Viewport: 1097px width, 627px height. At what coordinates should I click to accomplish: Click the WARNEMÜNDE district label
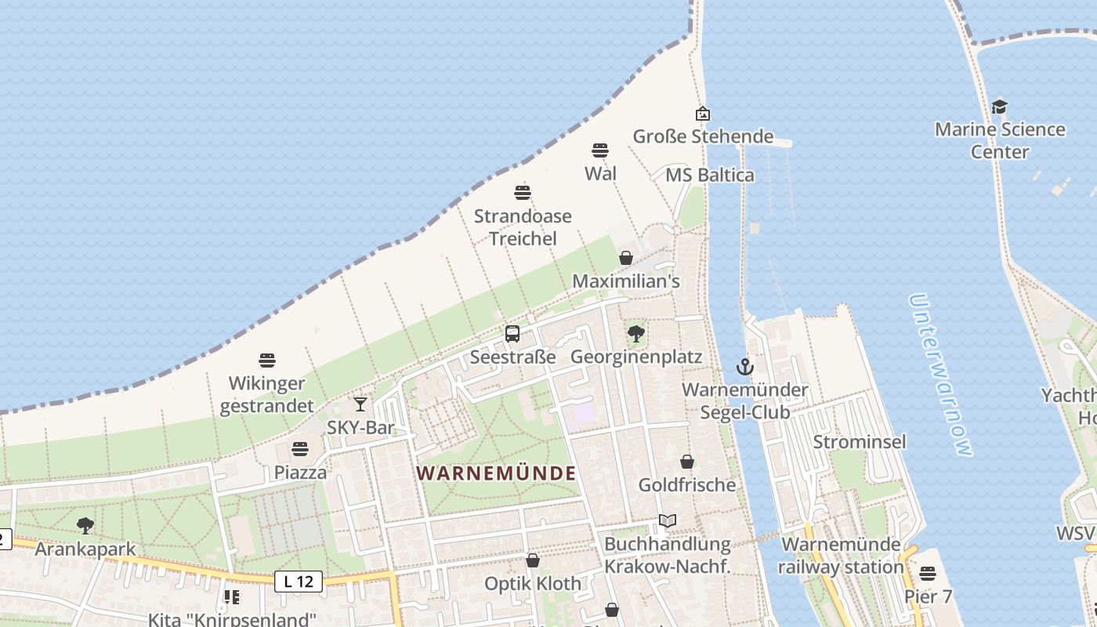[x=496, y=473]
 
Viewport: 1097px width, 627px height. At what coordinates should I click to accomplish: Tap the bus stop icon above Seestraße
[x=512, y=334]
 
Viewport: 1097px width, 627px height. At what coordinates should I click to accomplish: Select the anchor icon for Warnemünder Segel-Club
[x=744, y=366]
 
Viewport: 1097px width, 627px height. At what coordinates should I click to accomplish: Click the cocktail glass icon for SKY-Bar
[x=360, y=404]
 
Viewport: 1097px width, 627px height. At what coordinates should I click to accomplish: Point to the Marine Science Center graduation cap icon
[x=999, y=107]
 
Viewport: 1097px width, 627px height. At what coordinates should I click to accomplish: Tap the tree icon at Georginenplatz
[x=636, y=334]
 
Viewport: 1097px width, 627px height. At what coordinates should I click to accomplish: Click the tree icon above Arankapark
[x=85, y=526]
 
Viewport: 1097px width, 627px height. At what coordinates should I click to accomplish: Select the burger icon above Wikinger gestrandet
[x=267, y=361]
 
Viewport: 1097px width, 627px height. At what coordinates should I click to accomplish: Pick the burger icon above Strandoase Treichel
[x=523, y=192]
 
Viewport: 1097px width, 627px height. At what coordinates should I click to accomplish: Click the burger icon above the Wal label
[x=600, y=150]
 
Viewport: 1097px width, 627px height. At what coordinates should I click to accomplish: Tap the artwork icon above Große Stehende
[x=703, y=114]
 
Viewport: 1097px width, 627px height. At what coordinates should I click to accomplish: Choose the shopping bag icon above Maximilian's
[x=626, y=258]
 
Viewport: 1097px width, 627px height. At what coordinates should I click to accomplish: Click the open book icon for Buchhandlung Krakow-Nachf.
[x=668, y=520]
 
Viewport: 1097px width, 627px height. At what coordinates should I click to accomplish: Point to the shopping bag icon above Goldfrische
[x=687, y=462]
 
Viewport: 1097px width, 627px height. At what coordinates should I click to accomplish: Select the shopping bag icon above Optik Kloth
[x=533, y=560]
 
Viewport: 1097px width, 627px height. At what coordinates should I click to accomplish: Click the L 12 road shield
[x=299, y=582]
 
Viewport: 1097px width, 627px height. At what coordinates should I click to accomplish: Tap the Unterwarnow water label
[x=941, y=375]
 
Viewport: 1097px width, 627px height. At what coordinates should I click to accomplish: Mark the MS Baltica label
[x=710, y=175]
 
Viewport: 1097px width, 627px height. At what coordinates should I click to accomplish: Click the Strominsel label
[x=860, y=442]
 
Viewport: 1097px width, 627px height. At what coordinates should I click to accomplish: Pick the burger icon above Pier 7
[x=928, y=574]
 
